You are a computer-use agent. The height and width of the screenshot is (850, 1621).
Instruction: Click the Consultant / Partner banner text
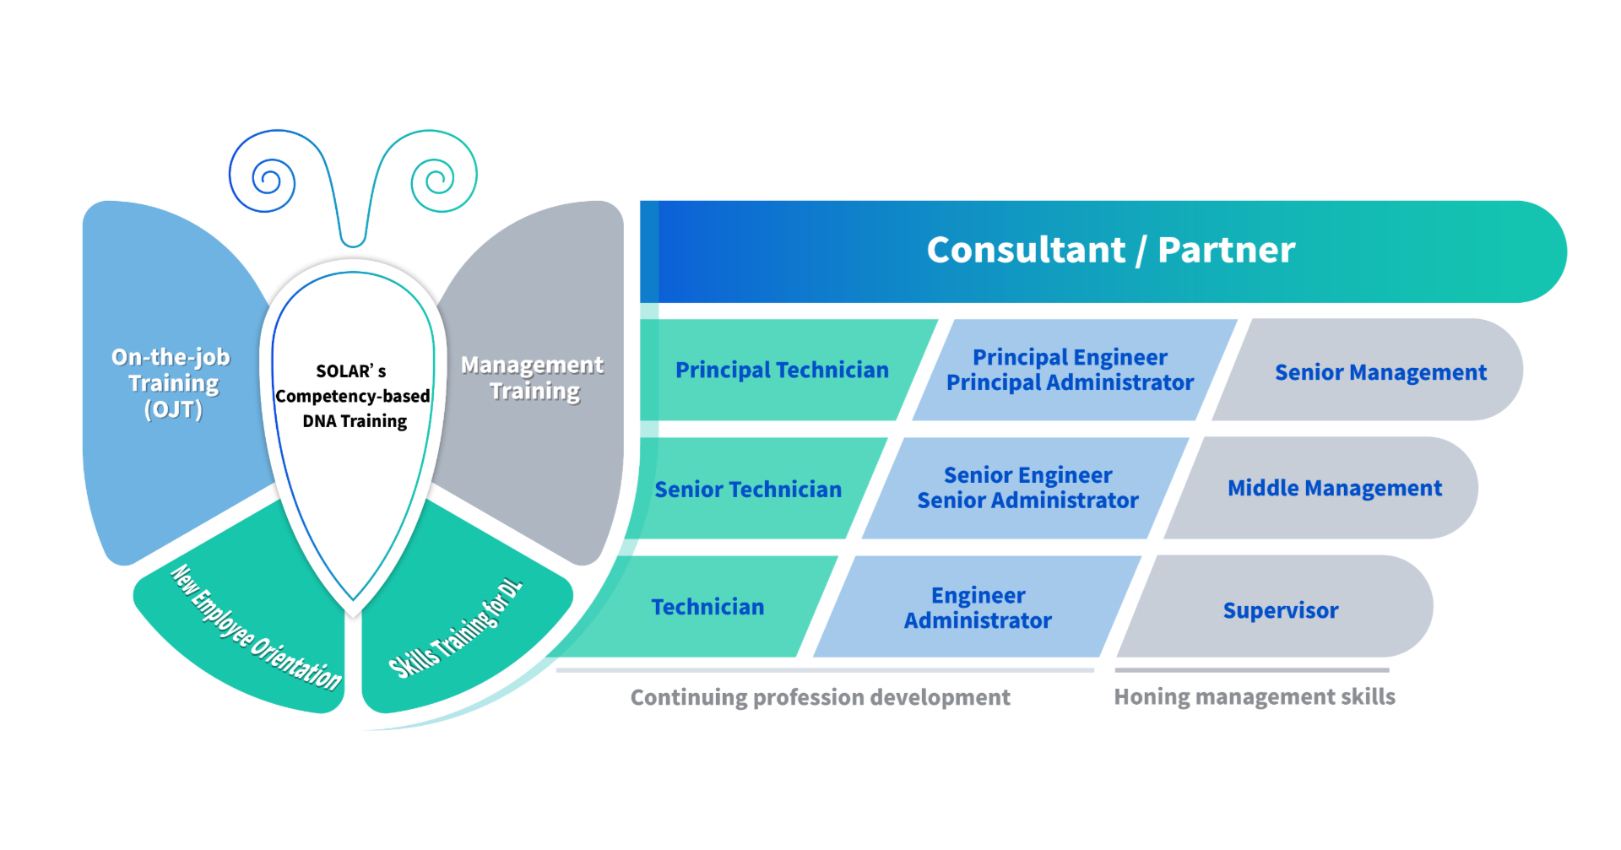pos(1110,250)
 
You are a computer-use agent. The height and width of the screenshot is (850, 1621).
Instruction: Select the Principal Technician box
pos(782,370)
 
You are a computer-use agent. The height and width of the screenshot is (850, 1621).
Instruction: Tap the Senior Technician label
pos(748,490)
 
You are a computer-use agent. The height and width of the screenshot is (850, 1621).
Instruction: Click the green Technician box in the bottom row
pos(707,607)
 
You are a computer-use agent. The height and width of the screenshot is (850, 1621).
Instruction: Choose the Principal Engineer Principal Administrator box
pos(1070,370)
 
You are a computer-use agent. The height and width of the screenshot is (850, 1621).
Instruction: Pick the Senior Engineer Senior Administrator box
pos(1027,488)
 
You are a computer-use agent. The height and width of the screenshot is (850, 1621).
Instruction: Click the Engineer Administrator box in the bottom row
pos(978,608)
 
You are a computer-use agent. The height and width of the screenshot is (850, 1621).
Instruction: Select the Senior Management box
pos(1380,372)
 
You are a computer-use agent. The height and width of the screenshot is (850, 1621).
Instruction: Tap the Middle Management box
pos(1334,488)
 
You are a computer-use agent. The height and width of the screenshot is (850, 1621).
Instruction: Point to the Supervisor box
pos(1280,610)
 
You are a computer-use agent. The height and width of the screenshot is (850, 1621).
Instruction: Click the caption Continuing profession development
pos(820,697)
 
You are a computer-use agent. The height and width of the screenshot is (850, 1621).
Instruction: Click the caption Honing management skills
pos(1254,696)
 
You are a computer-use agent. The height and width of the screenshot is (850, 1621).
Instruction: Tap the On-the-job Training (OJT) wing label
pos(172,383)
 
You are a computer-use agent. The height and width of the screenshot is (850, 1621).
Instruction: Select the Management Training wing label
pos(533,378)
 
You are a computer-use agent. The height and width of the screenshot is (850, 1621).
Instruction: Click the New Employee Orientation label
pos(256,628)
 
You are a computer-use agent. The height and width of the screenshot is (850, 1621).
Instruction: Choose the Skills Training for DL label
pos(456,629)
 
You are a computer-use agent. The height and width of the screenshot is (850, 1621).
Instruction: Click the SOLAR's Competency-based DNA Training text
pos(353,396)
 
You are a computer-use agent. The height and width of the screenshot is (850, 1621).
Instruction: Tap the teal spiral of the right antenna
pos(437,180)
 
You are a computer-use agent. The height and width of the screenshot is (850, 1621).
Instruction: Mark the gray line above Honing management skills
pos(1251,670)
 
